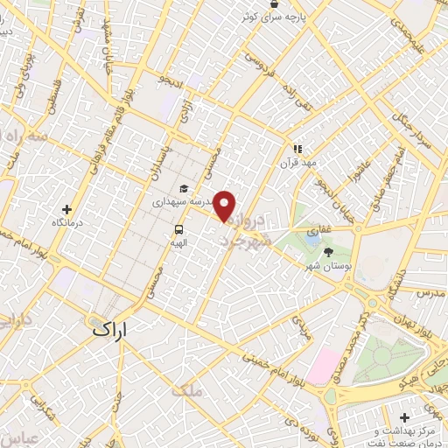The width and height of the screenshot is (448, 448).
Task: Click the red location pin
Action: (225, 205)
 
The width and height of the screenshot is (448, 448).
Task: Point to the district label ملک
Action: (188, 392)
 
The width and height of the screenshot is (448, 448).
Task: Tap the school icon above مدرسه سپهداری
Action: (184, 188)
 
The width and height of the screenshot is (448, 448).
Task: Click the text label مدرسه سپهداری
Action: (184, 201)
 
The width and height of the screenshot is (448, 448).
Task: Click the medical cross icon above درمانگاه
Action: (67, 209)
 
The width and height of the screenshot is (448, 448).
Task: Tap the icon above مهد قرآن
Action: (297, 149)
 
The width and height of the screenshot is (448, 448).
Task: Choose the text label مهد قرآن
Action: (297, 163)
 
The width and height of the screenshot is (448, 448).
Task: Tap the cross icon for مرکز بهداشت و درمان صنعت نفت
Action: (408, 418)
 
